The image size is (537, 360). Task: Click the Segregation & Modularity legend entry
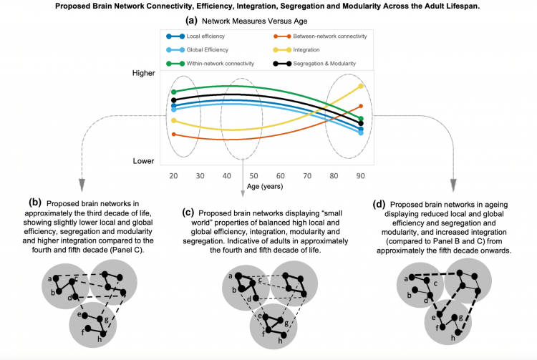click(319, 63)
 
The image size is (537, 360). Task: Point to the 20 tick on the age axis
click(173, 175)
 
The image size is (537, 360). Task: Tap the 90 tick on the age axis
click(362, 175)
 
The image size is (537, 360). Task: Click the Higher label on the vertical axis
click(145, 73)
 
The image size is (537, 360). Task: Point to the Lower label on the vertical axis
click(144, 161)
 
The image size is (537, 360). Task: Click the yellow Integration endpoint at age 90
click(361, 86)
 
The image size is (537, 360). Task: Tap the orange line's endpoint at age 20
click(173, 134)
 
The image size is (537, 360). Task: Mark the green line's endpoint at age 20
click(173, 92)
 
